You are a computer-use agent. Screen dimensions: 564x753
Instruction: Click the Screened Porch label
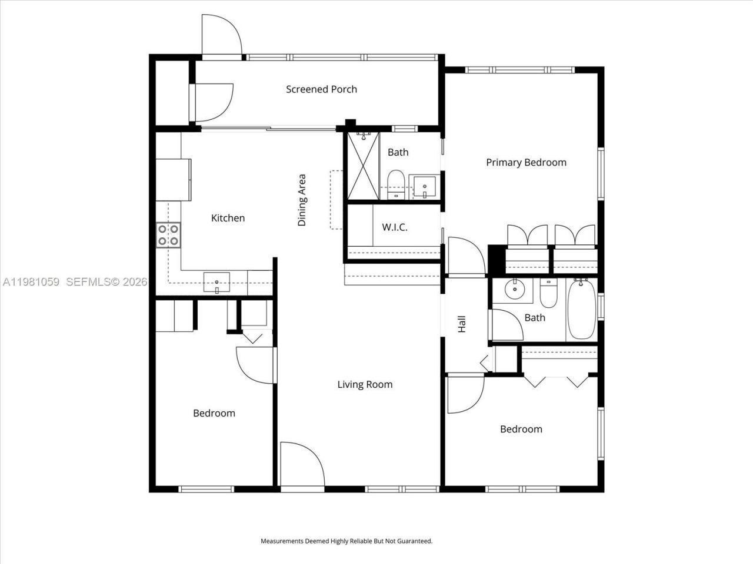pyautogui.click(x=321, y=89)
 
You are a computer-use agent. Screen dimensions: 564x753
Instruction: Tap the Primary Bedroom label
pyautogui.click(x=526, y=163)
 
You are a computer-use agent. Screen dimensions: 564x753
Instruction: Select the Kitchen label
pyautogui.click(x=228, y=218)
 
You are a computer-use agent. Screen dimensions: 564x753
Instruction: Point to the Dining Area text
pyautogui.click(x=302, y=200)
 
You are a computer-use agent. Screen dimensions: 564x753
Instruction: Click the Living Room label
pyautogui.click(x=365, y=385)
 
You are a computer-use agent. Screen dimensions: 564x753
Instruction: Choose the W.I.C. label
pyautogui.click(x=394, y=227)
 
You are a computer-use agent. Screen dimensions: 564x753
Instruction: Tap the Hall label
pyautogui.click(x=462, y=324)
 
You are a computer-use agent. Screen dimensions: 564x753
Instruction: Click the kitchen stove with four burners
pyautogui.click(x=168, y=234)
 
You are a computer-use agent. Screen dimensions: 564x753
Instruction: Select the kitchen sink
pyautogui.click(x=217, y=282)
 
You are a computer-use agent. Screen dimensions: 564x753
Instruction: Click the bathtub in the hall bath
pyautogui.click(x=581, y=309)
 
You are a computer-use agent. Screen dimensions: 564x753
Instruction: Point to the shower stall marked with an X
pyautogui.click(x=363, y=166)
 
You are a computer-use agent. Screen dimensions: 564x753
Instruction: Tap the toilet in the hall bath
pyautogui.click(x=548, y=293)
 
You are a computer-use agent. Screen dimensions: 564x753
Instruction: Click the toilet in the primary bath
pyautogui.click(x=395, y=184)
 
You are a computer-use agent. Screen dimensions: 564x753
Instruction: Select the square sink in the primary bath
pyautogui.click(x=424, y=187)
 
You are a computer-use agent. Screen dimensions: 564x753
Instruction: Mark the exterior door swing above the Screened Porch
pyautogui.click(x=221, y=36)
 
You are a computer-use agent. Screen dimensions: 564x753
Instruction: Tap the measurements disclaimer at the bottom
pyautogui.click(x=346, y=541)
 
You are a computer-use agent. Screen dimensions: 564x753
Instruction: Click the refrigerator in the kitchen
pyautogui.click(x=174, y=179)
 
